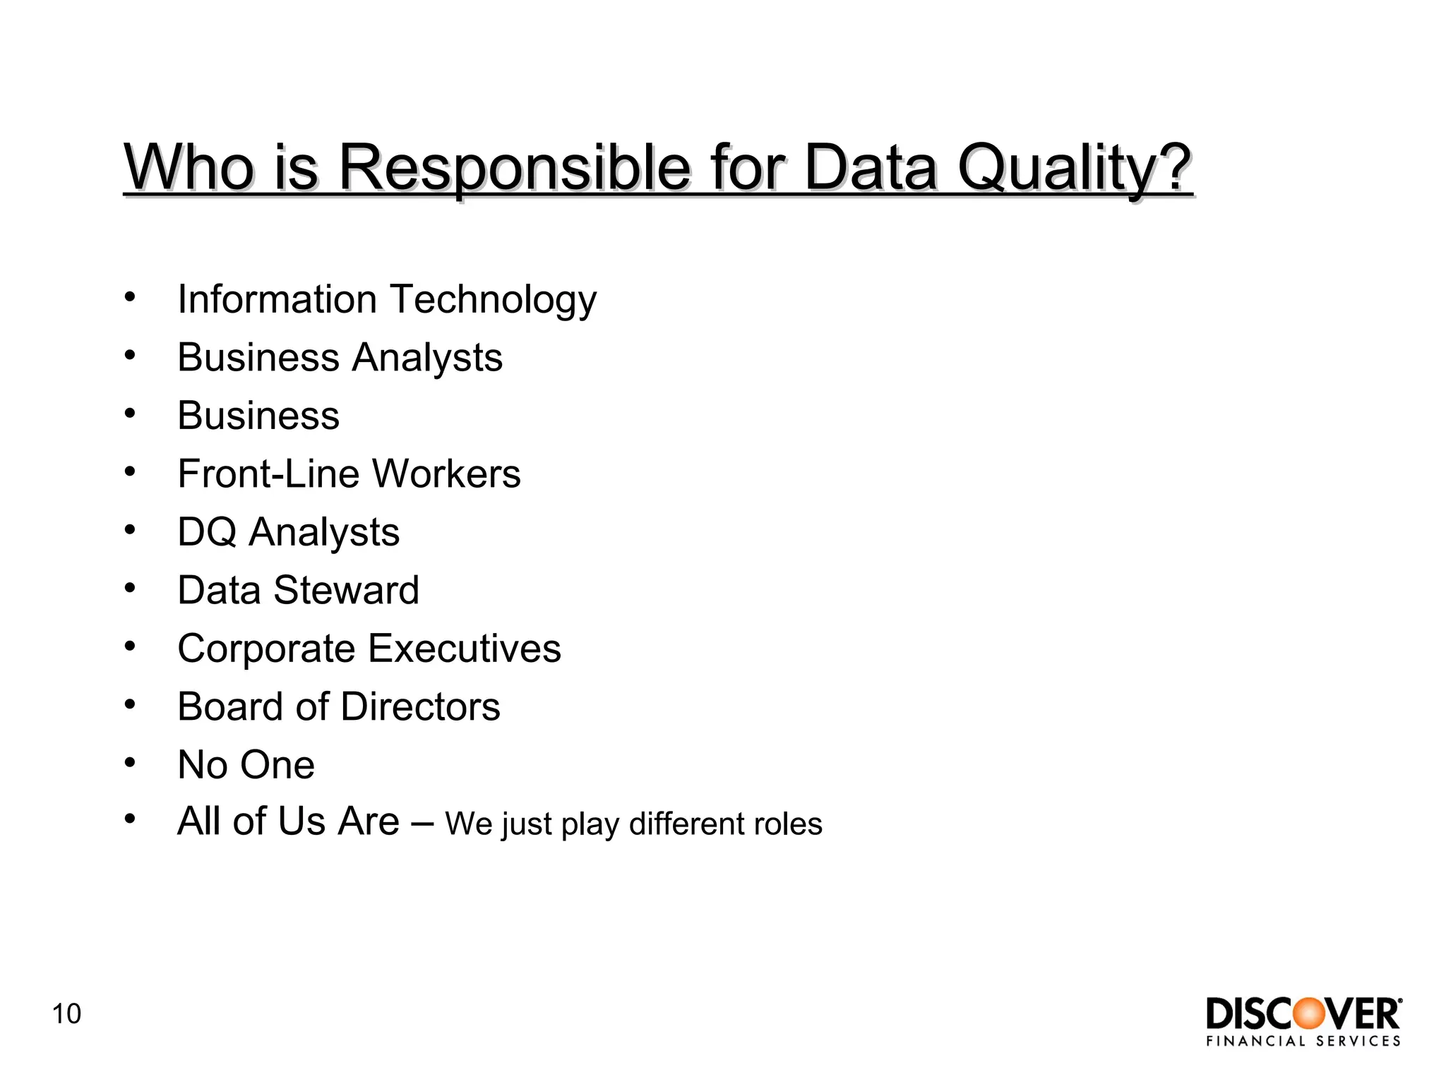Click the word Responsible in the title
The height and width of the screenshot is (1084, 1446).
[514, 168]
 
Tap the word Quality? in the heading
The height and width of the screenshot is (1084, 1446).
[1074, 168]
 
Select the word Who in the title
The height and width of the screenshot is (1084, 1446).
[189, 168]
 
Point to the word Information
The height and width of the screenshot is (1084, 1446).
[277, 299]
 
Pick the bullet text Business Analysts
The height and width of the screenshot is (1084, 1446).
[340, 357]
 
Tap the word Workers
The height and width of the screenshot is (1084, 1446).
[446, 474]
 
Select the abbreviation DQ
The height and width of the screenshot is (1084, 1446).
[206, 532]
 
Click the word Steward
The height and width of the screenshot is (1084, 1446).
[346, 590]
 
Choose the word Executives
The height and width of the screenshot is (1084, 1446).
[464, 649]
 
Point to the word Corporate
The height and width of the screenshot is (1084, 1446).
[266, 649]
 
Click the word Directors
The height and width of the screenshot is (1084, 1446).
[420, 706]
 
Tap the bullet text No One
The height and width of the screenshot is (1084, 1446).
[246, 765]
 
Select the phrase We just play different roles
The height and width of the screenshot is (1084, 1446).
[633, 824]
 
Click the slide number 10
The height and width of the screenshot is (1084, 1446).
[66, 1014]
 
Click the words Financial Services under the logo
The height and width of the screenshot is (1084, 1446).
[1303, 1041]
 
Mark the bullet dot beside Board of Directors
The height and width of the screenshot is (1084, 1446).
[129, 704]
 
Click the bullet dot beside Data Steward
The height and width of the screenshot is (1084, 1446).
[129, 587]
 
